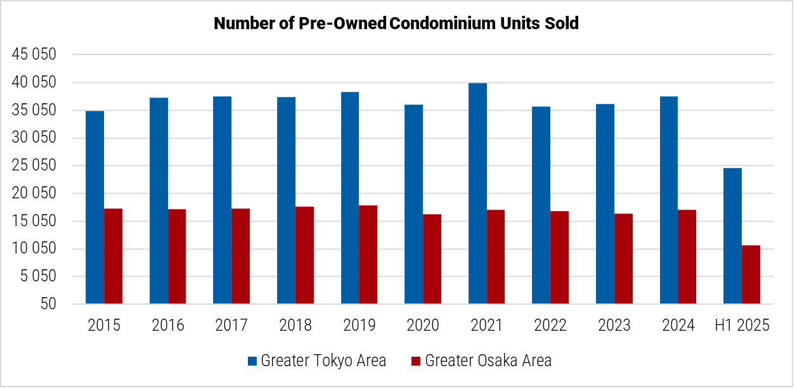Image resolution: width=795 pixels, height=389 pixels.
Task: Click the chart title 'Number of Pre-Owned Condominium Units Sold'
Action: [x=396, y=23]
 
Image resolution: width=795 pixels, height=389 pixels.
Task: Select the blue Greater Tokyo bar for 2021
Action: [x=477, y=193]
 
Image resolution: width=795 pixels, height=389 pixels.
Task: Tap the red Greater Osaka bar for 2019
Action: [x=368, y=255]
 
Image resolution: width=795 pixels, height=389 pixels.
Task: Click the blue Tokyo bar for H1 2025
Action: [x=732, y=236]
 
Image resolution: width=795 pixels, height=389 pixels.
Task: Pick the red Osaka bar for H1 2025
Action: [x=751, y=274]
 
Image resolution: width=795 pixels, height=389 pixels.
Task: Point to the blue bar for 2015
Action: [x=95, y=207]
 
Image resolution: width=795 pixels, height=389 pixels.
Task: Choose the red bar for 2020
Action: [x=432, y=259]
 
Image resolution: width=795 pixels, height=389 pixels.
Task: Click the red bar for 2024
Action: [x=687, y=257]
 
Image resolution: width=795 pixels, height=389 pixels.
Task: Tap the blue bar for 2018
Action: [x=286, y=200]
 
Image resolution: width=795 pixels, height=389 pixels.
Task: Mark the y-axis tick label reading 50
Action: [x=48, y=304]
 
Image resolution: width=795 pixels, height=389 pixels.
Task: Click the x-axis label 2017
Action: [x=231, y=326]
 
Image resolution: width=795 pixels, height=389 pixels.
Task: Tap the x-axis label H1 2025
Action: [x=742, y=326]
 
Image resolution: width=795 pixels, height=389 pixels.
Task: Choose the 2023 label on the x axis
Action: [x=614, y=326]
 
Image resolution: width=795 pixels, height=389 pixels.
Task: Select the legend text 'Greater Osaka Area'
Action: [x=488, y=361]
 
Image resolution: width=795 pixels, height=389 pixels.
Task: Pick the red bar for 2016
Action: [x=177, y=257]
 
